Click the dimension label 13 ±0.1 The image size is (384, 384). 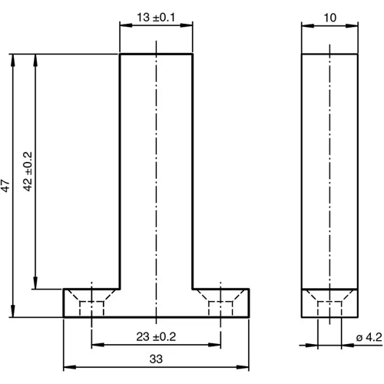[155, 16]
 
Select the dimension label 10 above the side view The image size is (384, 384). [329, 16]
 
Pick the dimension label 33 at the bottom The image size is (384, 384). [155, 358]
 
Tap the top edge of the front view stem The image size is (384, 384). [156, 54]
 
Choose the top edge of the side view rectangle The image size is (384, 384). [329, 54]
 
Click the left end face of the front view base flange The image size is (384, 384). [63, 303]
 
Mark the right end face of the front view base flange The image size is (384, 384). [250, 303]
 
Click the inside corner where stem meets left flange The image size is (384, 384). [121, 289]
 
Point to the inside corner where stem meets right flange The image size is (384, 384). [192, 289]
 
